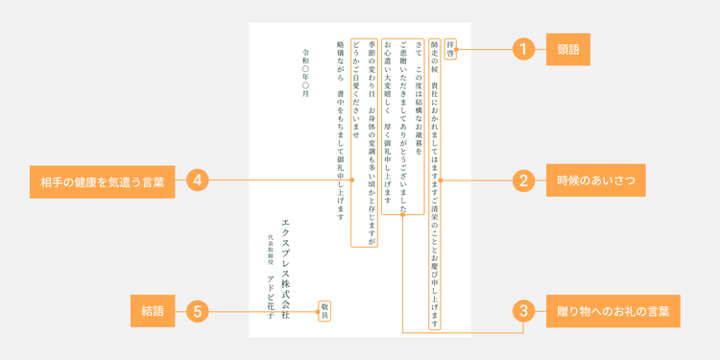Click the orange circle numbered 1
click(523, 49)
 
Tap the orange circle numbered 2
click(523, 180)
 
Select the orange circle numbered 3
click(523, 311)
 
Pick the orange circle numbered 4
click(198, 180)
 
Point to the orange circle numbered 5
click(198, 312)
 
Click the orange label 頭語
click(568, 50)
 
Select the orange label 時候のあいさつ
click(595, 180)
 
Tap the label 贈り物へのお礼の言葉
click(613, 311)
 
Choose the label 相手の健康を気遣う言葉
click(103, 181)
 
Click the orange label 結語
click(153, 311)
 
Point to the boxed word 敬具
click(324, 311)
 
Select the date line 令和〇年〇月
click(306, 73)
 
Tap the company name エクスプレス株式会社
click(286, 270)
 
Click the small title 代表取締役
click(271, 251)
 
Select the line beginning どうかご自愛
click(356, 89)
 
